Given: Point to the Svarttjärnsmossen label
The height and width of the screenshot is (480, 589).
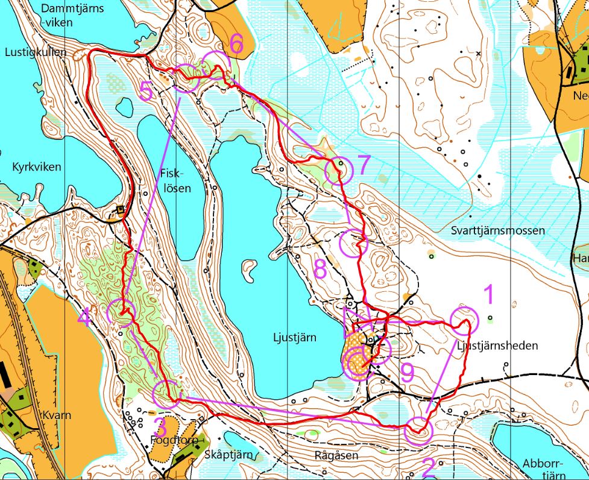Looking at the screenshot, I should click(497, 230).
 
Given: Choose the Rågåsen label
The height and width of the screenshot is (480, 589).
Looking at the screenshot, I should click(336, 455).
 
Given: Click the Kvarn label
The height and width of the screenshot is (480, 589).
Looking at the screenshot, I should click(57, 415).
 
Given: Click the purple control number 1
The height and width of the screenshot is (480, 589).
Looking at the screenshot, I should click(488, 295).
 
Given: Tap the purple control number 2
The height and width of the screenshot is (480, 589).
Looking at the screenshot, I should click(429, 466).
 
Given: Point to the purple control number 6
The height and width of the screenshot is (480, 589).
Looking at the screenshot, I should click(236, 43).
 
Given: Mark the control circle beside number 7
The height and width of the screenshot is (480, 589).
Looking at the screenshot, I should click(338, 171).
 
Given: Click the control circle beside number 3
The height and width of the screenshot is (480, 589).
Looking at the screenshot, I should click(166, 394).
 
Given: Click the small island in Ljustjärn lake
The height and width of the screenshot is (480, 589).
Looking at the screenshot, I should click(247, 270).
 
